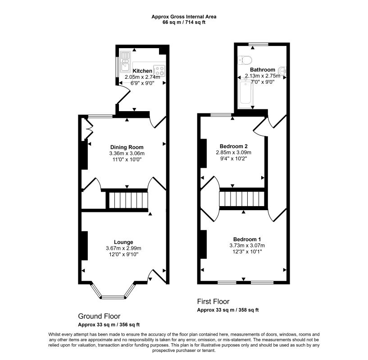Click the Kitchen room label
click(142, 71)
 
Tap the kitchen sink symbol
click(125, 61)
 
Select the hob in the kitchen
click(159, 71)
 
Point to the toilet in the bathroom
click(245, 60)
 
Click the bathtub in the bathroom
click(245, 94)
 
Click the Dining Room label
click(127, 147)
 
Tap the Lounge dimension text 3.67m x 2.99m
click(123, 248)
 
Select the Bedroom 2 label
click(233, 146)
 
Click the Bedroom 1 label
click(247, 239)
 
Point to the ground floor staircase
click(128, 200)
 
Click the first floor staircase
click(242, 198)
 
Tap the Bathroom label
click(263, 70)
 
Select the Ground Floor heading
click(99, 316)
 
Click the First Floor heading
click(213, 301)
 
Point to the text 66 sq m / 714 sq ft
click(184, 22)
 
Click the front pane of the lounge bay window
click(113, 297)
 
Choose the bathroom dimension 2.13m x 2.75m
click(263, 76)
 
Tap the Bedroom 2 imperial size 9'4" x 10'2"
click(233, 158)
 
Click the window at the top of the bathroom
click(259, 44)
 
